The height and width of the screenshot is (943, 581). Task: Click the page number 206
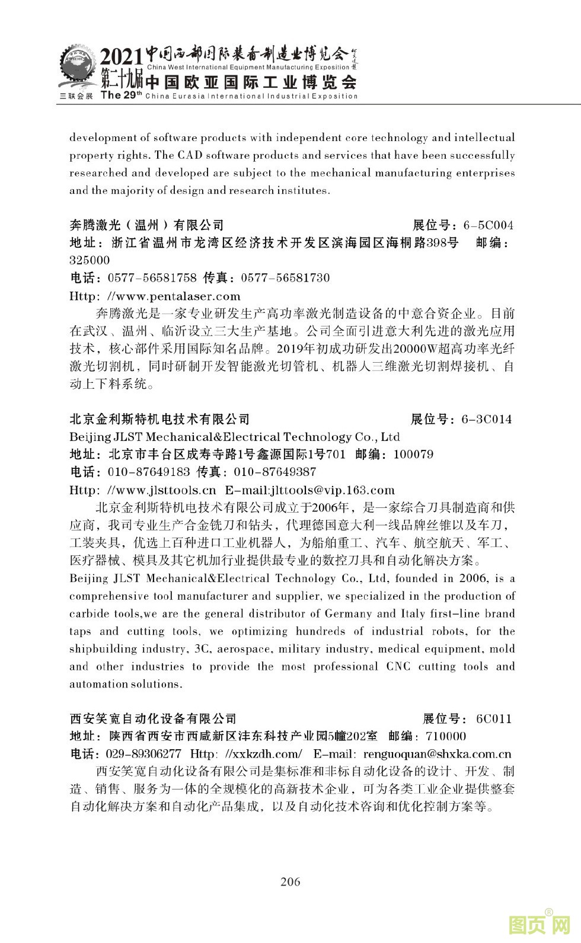pos(290,881)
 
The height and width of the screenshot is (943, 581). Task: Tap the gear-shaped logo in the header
pos(76,69)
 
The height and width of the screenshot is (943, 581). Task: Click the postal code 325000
pos(90,260)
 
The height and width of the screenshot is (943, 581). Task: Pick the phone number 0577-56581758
pos(152,278)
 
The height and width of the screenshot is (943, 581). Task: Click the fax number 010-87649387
pos(275,472)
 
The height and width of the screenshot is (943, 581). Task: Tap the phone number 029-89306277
pos(143,755)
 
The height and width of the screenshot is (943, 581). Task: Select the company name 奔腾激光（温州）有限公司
pos(147,225)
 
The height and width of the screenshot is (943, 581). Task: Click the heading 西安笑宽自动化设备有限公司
pos(153,719)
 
